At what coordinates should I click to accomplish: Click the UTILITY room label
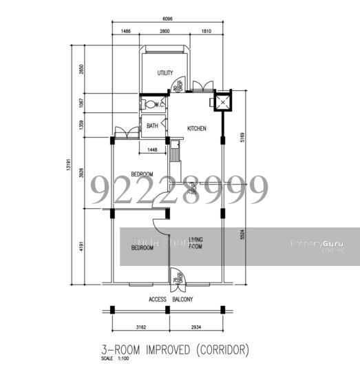(x=165, y=73)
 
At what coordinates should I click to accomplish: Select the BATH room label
(x=152, y=126)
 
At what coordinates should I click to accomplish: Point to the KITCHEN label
(x=197, y=129)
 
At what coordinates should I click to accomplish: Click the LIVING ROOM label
(x=195, y=243)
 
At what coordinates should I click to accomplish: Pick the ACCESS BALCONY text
(x=171, y=299)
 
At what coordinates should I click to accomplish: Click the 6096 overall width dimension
(x=167, y=20)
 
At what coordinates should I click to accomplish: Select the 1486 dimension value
(x=126, y=32)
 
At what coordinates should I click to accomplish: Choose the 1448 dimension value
(x=153, y=150)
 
